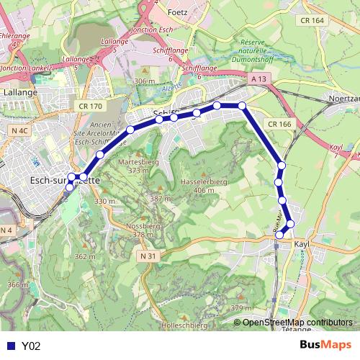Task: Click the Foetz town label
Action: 176,13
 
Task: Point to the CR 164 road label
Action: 313,20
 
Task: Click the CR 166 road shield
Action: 279,125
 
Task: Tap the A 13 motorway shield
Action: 259,78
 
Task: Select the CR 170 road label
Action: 91,107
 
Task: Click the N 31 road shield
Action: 148,256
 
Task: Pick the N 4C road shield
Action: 20,130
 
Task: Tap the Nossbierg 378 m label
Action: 143,230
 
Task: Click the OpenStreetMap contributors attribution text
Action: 297,323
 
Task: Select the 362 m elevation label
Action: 84,256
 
